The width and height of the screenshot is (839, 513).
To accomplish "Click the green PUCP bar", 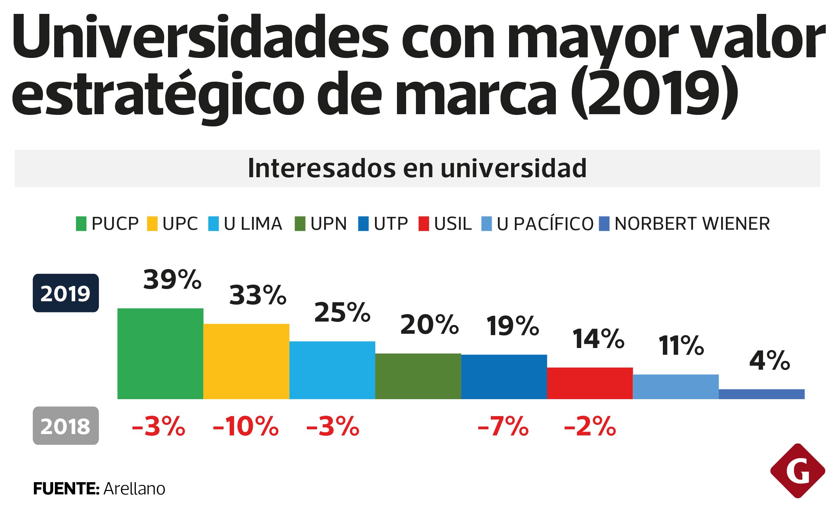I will point(160,353).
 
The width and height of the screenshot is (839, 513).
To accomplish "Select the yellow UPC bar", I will point(246,361).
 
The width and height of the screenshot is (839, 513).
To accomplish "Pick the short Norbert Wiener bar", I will point(762,394).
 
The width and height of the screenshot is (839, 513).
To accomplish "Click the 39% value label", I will point(172,280).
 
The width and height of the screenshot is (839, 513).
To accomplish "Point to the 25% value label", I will point(342,313).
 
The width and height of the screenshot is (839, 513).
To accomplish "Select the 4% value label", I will point(770,361).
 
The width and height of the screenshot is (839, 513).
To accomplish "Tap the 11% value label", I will point(681,346).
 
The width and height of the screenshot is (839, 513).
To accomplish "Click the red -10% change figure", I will point(246,427).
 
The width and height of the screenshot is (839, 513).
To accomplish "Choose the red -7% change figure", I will point(503,427).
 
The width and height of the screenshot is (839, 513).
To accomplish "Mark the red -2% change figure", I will point(590,427).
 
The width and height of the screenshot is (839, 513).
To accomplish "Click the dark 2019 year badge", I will point(66,293).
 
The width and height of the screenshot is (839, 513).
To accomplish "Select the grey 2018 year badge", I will point(66,426).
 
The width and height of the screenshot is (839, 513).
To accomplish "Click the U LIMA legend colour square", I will point(213,224).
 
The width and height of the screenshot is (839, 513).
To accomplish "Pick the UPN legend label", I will point(329,224).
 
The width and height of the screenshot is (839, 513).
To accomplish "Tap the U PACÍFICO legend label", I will point(545,224).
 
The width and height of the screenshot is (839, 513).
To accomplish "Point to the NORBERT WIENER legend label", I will point(692,224).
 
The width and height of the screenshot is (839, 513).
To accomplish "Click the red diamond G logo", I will point(797,471).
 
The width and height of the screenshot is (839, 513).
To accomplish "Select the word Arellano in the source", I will point(134,489).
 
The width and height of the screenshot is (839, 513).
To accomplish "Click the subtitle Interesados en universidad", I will point(417,168).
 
